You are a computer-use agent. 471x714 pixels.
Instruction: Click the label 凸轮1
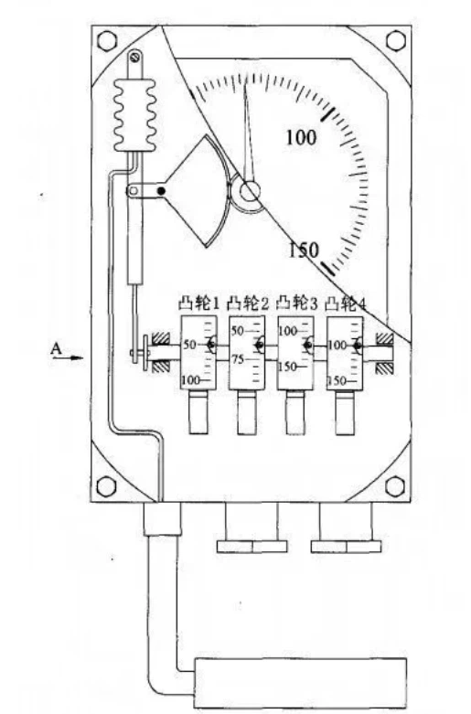[198, 304]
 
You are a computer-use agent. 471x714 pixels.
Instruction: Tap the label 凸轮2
[248, 304]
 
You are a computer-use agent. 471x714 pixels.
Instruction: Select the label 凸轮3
[296, 304]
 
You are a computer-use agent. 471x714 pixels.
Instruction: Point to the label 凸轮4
[346, 304]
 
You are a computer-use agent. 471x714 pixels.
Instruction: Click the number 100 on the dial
[301, 136]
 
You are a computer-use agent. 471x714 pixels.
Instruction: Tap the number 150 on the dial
[305, 250]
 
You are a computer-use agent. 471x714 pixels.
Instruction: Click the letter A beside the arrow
[56, 349]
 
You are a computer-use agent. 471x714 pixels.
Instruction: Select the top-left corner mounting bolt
[107, 40]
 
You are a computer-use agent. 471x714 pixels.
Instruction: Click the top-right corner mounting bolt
[395, 40]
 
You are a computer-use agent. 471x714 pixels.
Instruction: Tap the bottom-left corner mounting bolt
[106, 485]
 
